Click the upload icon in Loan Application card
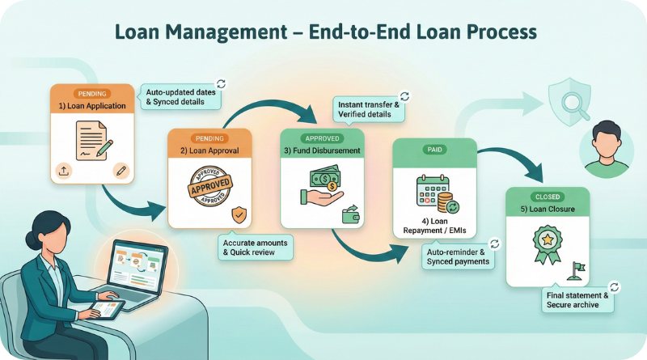pos(65,170)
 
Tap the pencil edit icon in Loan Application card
pos(121,170)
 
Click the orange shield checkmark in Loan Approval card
pos(238,215)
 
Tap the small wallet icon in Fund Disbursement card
pos(350,214)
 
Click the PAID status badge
pos(434,150)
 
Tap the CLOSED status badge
pos(548,197)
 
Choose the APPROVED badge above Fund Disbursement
pos(321,138)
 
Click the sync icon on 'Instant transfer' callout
pos(404,96)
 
